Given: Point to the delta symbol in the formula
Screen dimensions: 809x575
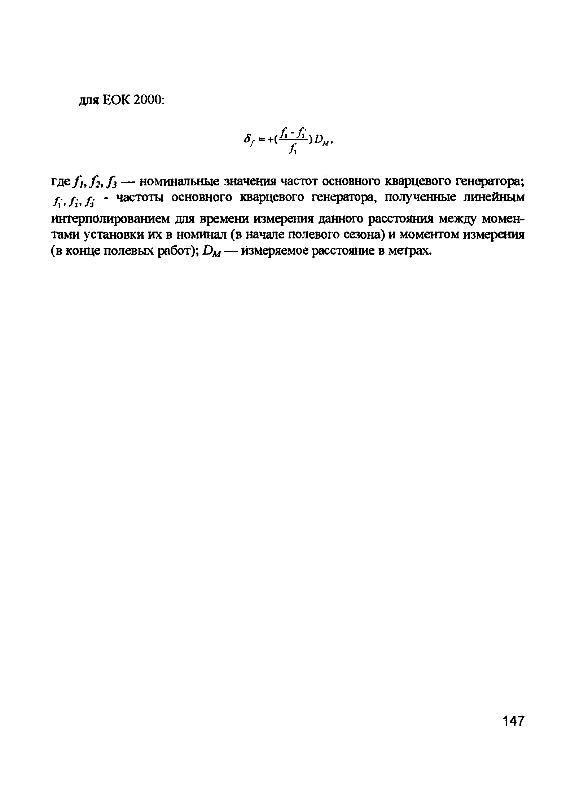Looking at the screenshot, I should click(x=248, y=140).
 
